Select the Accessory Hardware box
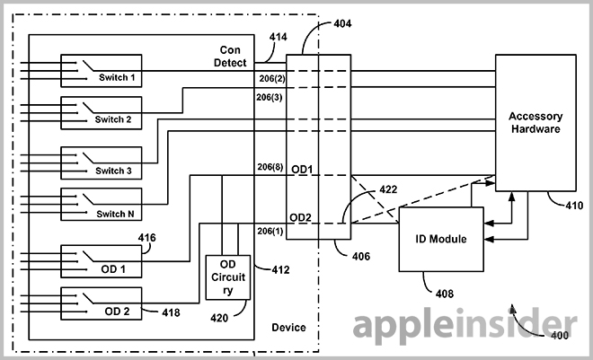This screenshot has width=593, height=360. click(534, 121)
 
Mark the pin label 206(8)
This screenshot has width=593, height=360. click(270, 168)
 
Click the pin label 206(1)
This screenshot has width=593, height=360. click(270, 233)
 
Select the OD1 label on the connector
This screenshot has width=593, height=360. click(301, 168)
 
